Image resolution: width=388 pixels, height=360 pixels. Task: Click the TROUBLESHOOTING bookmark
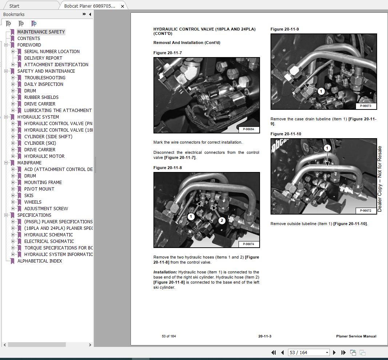45,77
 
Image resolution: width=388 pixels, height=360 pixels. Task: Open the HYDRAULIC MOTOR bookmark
44,156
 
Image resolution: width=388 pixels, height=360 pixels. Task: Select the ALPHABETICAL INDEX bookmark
39,261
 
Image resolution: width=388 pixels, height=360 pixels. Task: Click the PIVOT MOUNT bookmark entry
39,189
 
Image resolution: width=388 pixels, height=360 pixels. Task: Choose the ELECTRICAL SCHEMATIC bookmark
49,241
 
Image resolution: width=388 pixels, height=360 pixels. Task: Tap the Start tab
15,6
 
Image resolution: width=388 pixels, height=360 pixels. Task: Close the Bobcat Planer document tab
123,6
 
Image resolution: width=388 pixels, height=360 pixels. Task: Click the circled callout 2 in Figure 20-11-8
221,220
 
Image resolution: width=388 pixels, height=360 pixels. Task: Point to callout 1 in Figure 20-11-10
327,148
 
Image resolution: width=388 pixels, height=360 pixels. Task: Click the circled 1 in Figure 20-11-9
321,91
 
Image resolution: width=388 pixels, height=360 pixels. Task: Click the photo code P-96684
248,129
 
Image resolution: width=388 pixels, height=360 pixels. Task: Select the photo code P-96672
365,211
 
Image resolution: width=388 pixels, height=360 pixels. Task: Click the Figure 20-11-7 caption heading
168,53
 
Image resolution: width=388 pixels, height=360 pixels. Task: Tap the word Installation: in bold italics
165,272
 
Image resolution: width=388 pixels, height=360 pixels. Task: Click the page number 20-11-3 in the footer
265,336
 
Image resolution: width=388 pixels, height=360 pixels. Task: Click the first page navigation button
274,352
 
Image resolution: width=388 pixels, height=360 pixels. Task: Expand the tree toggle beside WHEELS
13,202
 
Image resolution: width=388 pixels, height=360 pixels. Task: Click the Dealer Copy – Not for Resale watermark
380,179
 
